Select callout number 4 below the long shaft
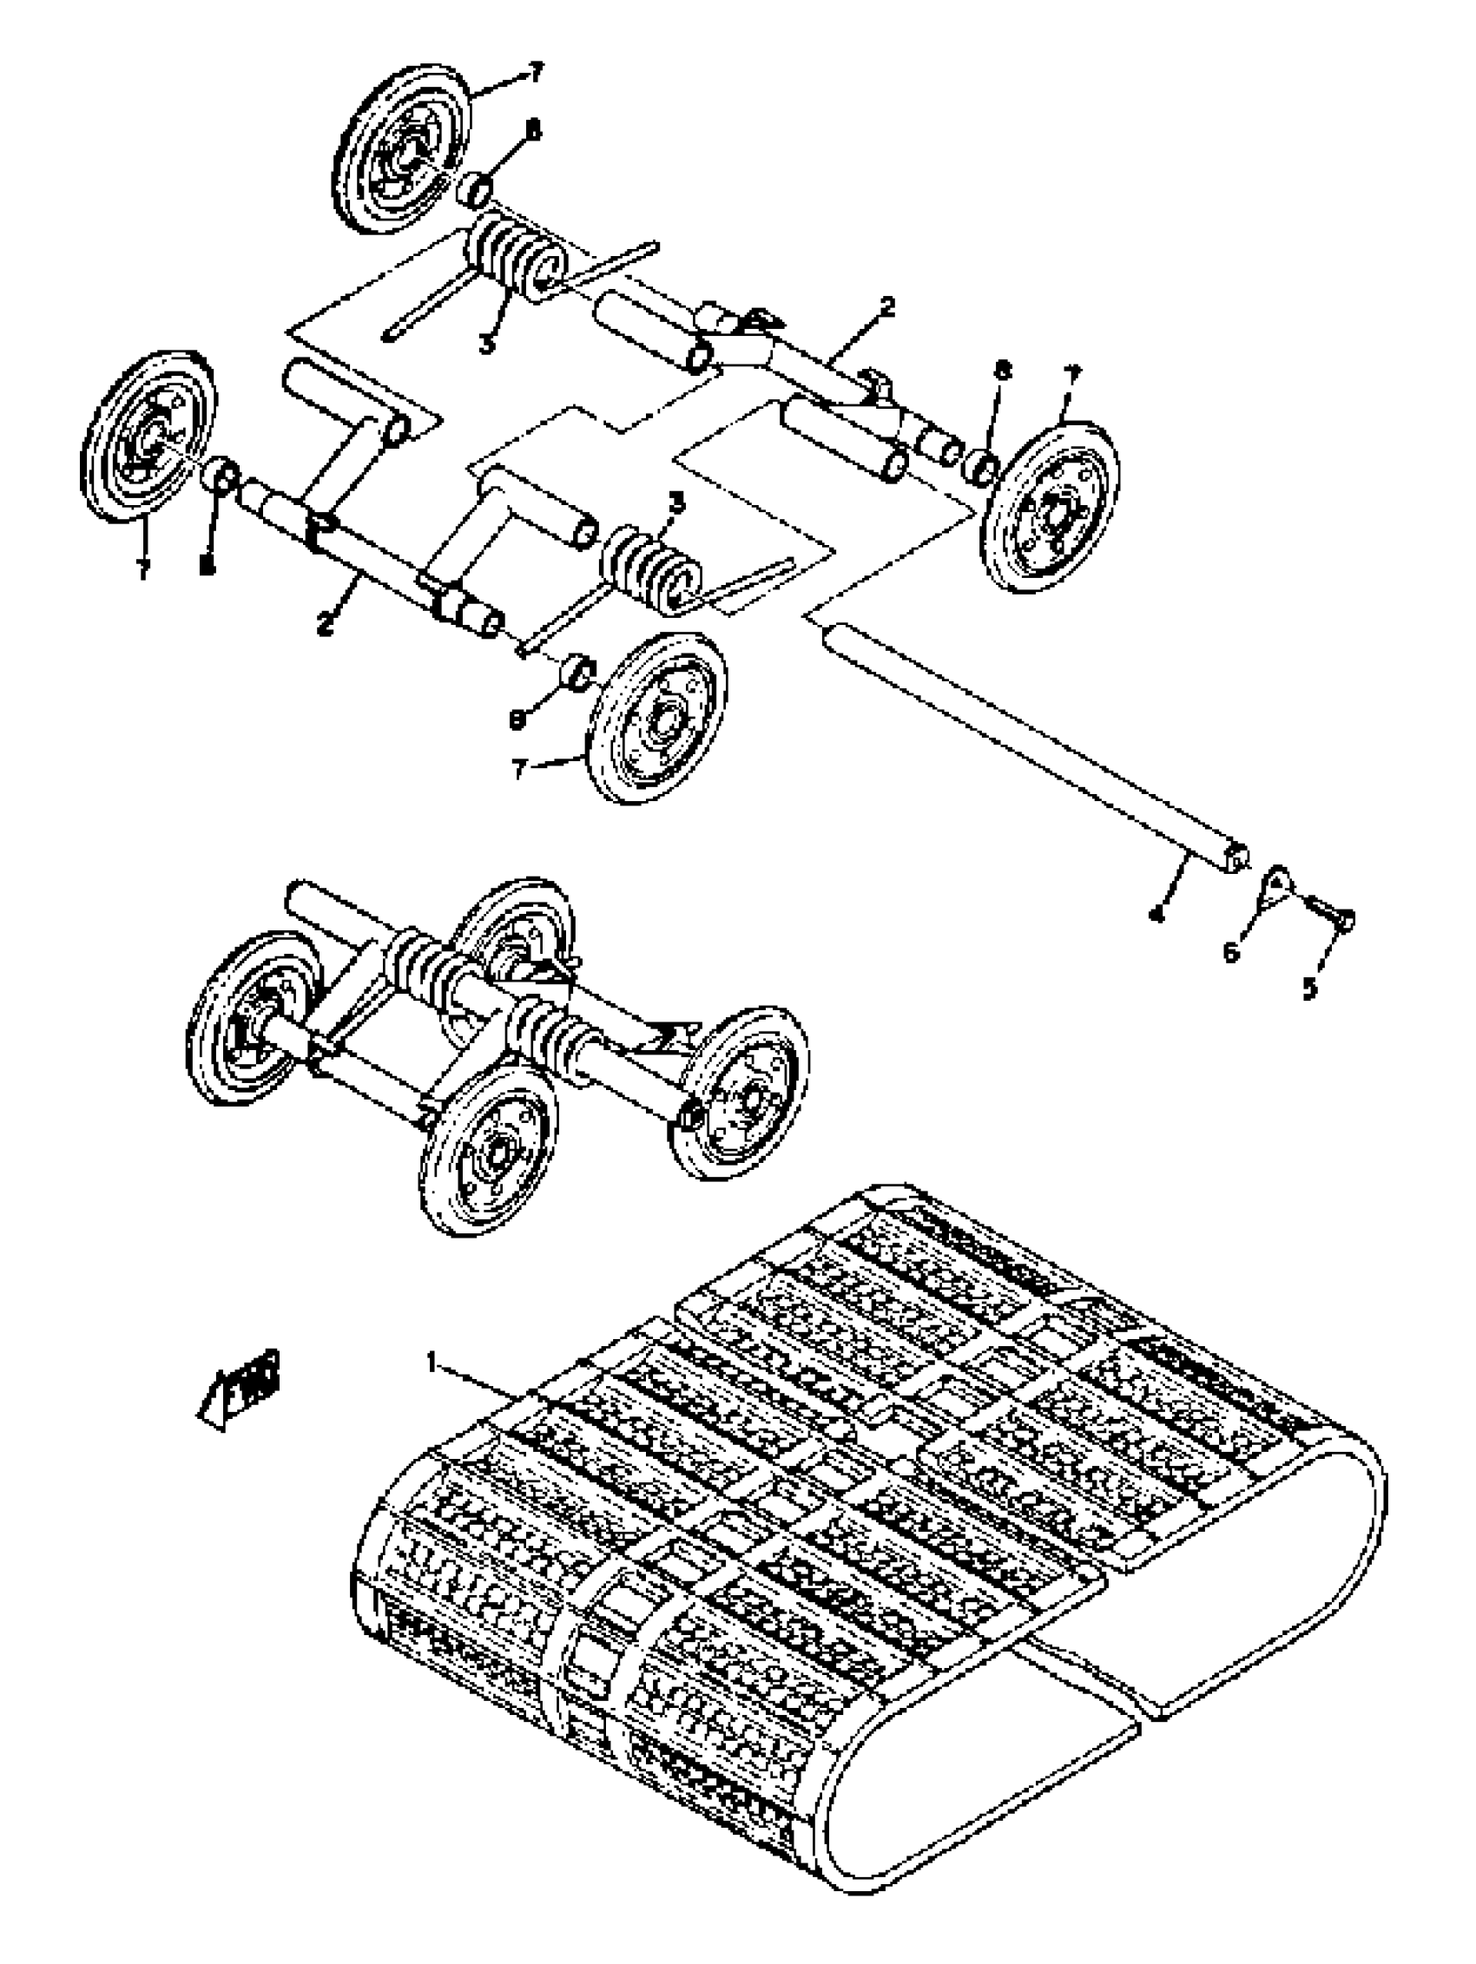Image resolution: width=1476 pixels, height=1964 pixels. [x=1156, y=914]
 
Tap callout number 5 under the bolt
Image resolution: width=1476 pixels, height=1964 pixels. [x=1310, y=989]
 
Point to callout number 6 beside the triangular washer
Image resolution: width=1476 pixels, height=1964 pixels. [x=1231, y=952]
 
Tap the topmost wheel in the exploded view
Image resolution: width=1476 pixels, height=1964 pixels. [x=405, y=148]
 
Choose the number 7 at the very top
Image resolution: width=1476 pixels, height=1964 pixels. [x=536, y=74]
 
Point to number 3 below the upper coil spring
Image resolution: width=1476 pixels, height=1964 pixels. [x=486, y=344]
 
